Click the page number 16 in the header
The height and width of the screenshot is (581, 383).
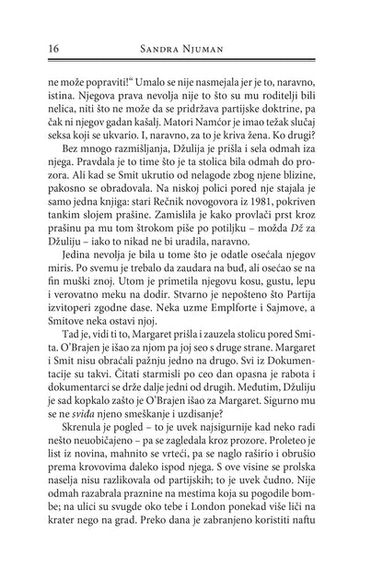(x=40, y=47)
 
